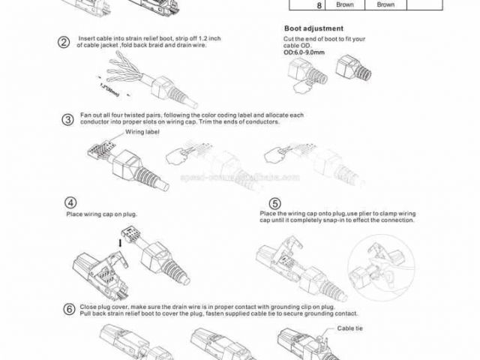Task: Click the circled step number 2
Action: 64,41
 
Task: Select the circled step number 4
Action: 71,202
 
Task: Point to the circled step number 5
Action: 275,203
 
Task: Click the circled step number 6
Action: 69,309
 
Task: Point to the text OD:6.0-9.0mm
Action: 304,52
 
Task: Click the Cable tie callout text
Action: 349,328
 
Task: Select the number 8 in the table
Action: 298,4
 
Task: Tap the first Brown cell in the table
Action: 344,4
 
